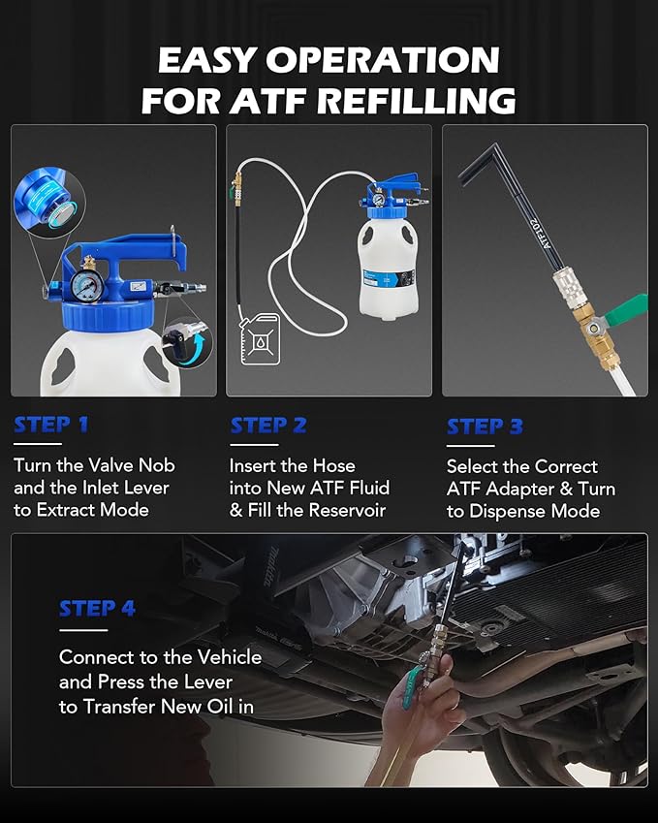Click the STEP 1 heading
coord(51,425)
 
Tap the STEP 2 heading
coord(268,426)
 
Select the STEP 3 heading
coord(485,427)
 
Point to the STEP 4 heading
coord(97,609)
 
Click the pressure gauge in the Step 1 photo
coord(84,286)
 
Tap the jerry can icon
coord(261,339)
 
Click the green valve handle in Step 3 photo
coord(626,308)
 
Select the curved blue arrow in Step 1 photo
coord(200,344)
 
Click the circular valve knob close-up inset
coord(49,202)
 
